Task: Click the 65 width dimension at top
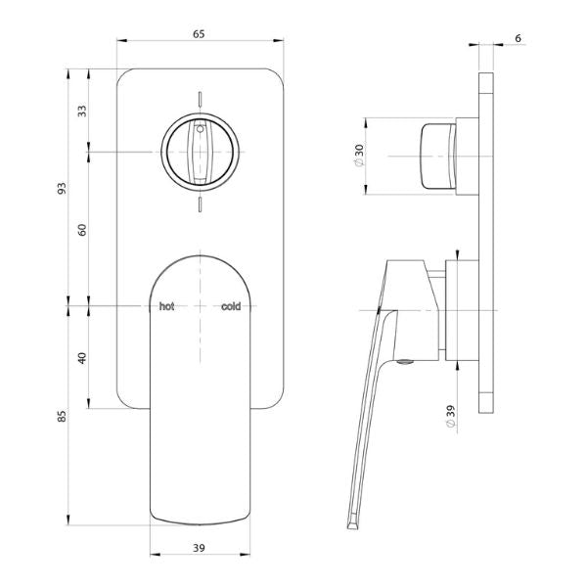pos(199,34)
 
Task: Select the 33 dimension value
pos(81,111)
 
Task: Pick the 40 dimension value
pos(82,357)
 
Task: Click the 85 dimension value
pos(61,416)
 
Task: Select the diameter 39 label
pos(450,417)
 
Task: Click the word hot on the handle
pos(167,306)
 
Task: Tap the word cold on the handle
pos(231,306)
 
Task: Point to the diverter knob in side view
pos(436,157)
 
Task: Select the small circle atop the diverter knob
pos(200,126)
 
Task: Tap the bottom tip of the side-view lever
pos(350,525)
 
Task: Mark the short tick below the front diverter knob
pos(200,203)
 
